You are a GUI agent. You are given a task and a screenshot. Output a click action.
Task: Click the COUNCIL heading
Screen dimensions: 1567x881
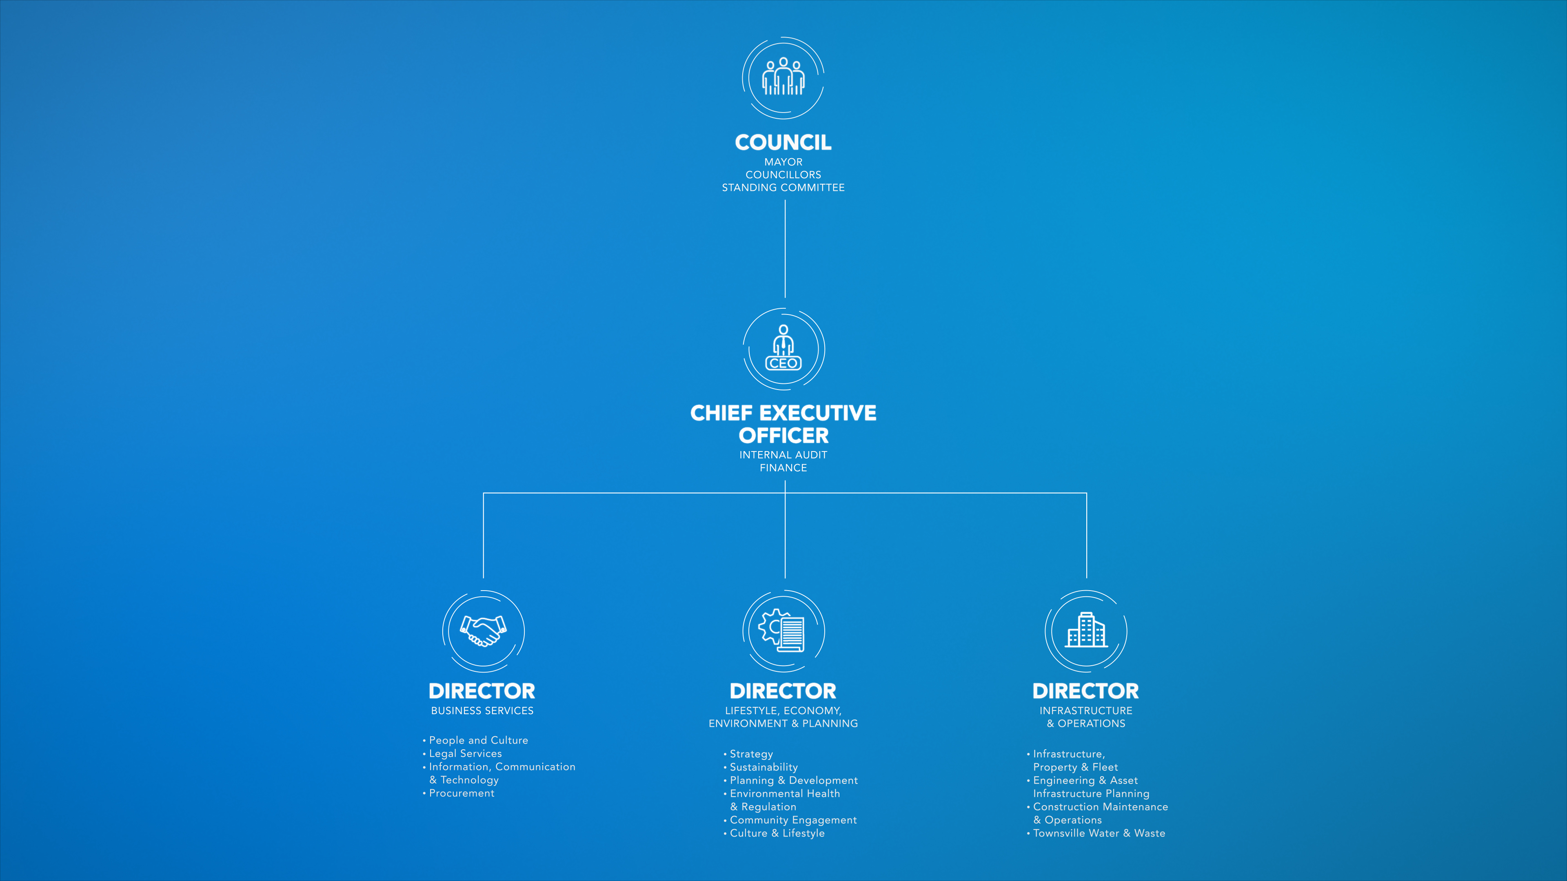click(x=783, y=142)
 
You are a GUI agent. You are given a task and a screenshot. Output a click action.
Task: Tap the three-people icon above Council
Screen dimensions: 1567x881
click(x=783, y=77)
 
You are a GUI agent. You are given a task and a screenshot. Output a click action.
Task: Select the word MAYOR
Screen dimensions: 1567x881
click(x=783, y=162)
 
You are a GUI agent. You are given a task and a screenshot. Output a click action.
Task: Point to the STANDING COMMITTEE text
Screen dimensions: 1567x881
click(x=783, y=187)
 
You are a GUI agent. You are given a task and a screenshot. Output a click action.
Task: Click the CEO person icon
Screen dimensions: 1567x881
click(x=783, y=348)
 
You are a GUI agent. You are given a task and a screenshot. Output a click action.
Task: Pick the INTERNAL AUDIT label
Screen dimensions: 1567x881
click(x=783, y=455)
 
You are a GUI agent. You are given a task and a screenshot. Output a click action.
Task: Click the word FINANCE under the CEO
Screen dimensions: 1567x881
click(x=783, y=467)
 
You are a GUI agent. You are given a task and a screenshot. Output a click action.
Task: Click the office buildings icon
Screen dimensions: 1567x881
click(x=1086, y=630)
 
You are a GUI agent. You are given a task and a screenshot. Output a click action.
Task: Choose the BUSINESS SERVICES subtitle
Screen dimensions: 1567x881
click(x=482, y=711)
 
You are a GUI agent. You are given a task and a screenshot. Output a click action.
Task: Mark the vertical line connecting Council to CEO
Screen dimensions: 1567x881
click(x=785, y=249)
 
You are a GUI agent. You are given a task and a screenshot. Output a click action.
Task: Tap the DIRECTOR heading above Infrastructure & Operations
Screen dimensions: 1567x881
click(x=1086, y=691)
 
